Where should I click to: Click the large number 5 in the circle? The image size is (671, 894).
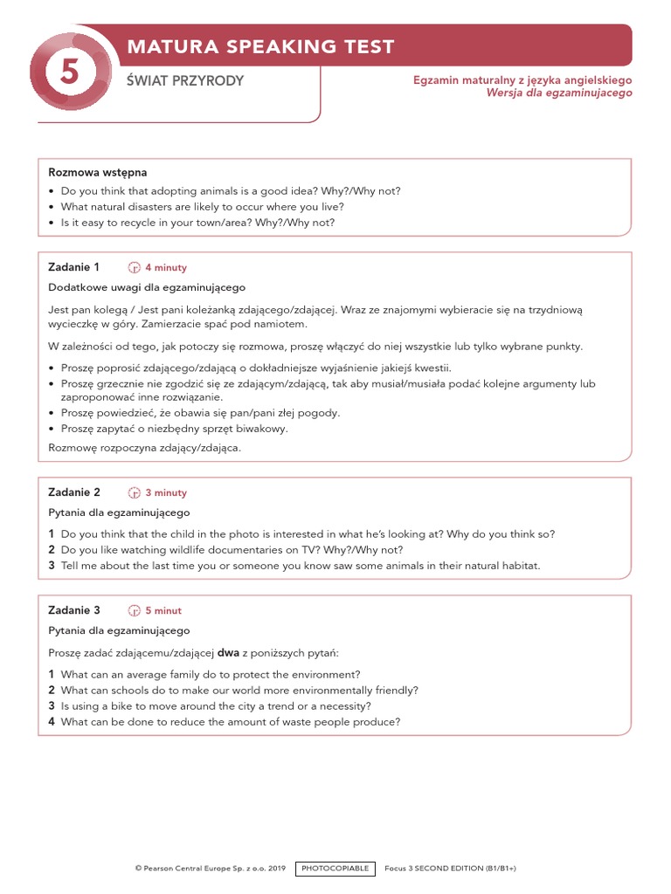click(x=69, y=74)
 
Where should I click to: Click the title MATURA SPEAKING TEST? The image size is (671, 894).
click(x=261, y=46)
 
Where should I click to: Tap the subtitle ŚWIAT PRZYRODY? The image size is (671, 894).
click(x=185, y=81)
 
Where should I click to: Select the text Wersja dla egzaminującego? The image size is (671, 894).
click(x=559, y=93)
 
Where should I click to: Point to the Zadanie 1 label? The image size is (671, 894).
click(x=74, y=267)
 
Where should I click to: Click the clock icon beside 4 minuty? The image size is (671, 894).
click(x=135, y=268)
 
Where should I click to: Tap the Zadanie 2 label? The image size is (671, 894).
click(x=74, y=492)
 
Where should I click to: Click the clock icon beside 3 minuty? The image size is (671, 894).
click(x=135, y=493)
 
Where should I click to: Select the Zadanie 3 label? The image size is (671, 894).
click(x=74, y=610)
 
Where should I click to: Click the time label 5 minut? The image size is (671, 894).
click(x=163, y=611)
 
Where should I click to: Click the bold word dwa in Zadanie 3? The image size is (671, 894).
click(x=228, y=654)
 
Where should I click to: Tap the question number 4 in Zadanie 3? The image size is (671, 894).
click(x=52, y=722)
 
